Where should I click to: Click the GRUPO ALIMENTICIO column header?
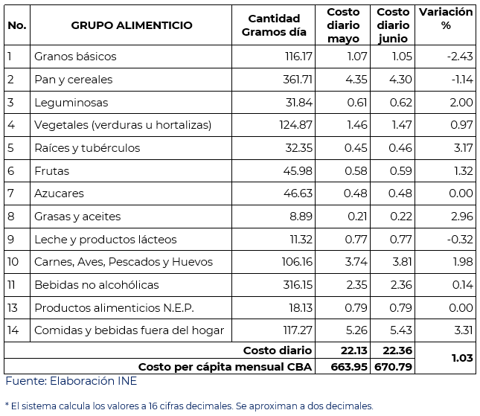(132, 25)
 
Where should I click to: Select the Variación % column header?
(446, 19)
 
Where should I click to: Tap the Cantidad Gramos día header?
(274, 25)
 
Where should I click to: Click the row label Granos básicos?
(75, 57)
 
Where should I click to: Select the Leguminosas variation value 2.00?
(461, 103)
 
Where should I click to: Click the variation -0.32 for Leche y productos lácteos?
(459, 240)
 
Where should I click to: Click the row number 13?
(12, 308)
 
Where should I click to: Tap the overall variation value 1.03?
(461, 358)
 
